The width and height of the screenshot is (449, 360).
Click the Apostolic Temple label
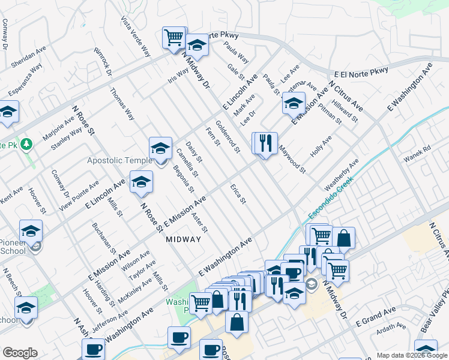[x=120, y=160]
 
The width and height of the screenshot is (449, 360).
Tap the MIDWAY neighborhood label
[x=183, y=239]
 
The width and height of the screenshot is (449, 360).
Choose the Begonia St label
[x=182, y=179]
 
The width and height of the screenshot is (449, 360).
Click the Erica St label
[x=238, y=193]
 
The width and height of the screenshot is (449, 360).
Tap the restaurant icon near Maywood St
[x=265, y=143]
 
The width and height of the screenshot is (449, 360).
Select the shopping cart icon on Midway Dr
[x=174, y=37]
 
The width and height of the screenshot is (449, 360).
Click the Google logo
[x=20, y=353]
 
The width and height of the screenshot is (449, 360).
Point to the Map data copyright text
[x=412, y=355]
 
